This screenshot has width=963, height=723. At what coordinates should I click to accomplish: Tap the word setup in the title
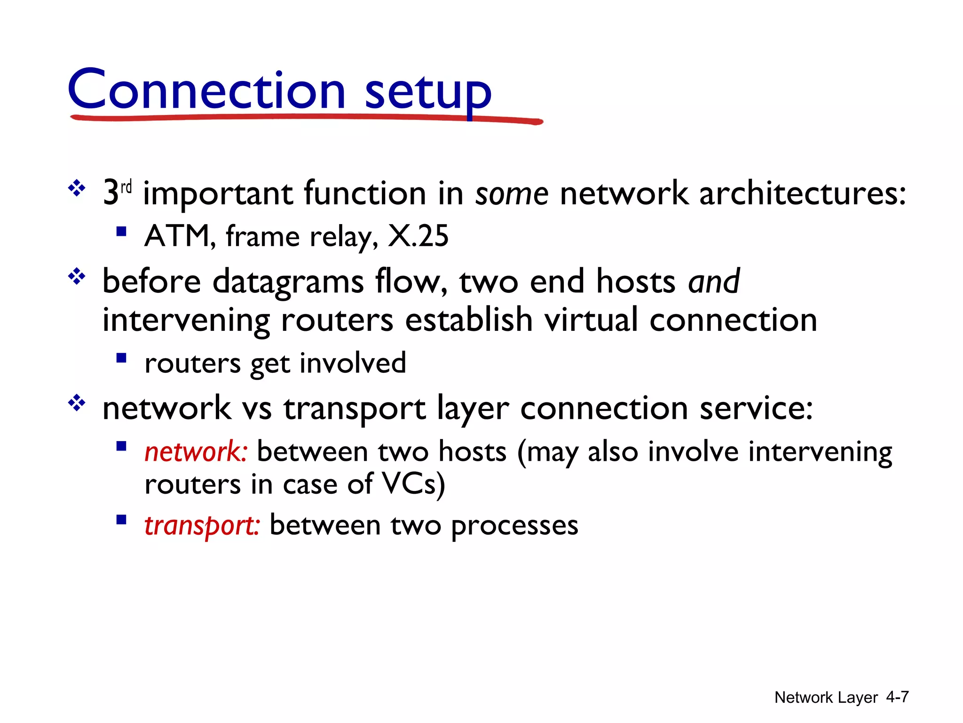[428, 92]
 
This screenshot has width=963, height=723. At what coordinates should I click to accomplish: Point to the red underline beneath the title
[306, 118]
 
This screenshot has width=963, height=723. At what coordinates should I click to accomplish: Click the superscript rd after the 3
[126, 187]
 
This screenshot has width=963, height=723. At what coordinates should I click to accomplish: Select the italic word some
[512, 193]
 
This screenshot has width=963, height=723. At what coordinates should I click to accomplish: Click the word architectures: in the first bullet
[802, 193]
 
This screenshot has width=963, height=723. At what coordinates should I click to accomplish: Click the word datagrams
[288, 282]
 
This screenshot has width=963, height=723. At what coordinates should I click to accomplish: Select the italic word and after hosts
[714, 281]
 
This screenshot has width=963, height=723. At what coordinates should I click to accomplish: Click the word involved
[353, 363]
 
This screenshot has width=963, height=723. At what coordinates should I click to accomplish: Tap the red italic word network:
[195, 451]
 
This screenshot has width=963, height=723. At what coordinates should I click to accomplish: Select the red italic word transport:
[201, 525]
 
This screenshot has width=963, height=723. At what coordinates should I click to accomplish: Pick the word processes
[514, 525]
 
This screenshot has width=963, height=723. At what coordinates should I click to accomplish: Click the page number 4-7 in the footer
[897, 697]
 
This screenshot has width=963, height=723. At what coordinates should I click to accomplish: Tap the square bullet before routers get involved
[121, 359]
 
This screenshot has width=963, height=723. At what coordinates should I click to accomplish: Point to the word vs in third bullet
[257, 408]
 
